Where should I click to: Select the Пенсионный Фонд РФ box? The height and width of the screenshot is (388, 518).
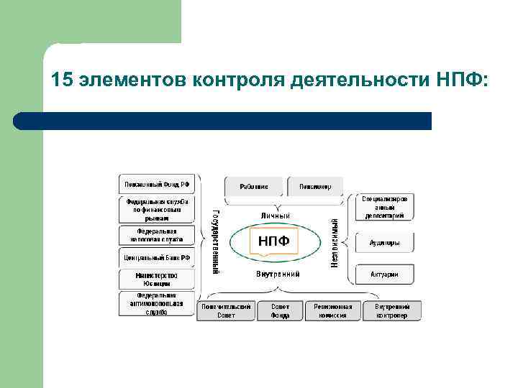point(158,184)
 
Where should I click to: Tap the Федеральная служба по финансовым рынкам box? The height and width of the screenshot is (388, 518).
point(158,209)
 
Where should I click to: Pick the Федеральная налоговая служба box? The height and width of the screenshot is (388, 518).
point(158,235)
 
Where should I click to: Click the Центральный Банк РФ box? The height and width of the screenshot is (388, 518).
point(158,257)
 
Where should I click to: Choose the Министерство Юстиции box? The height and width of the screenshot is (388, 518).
point(158,279)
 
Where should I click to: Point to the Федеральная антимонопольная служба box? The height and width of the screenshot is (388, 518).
point(158,303)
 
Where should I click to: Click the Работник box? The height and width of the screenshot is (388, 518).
point(254,187)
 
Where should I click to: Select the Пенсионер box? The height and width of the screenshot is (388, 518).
point(315,187)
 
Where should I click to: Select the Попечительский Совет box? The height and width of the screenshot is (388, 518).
point(225,310)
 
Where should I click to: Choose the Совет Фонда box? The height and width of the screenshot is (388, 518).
point(280,310)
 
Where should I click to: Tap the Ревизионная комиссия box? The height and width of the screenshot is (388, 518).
point(333,310)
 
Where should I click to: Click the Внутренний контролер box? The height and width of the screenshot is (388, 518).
point(391,310)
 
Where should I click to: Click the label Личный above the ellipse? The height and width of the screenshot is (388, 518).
point(275,215)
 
